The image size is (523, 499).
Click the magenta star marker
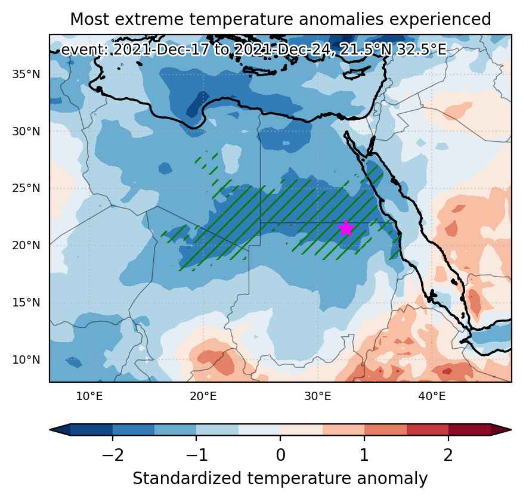pos(346,228)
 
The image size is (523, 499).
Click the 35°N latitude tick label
pos(26,74)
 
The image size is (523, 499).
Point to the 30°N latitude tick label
pos(26,131)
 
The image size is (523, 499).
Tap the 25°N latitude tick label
pos(26,188)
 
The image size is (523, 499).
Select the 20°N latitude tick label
pos(26,246)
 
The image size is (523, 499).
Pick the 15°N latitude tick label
pos(26,302)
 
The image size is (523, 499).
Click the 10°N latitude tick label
pos(26,360)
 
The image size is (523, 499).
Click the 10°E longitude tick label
pos(89,396)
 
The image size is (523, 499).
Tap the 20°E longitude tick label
pos(203,396)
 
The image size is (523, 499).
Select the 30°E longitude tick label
pos(318,396)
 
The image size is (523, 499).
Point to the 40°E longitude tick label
pos(432,396)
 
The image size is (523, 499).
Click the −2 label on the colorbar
pos(113,455)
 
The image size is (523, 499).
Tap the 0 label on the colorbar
pos(280,455)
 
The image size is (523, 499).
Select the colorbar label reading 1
pos(364,455)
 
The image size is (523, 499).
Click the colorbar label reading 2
pos(448,455)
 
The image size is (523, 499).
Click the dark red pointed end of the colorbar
pos(502,430)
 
